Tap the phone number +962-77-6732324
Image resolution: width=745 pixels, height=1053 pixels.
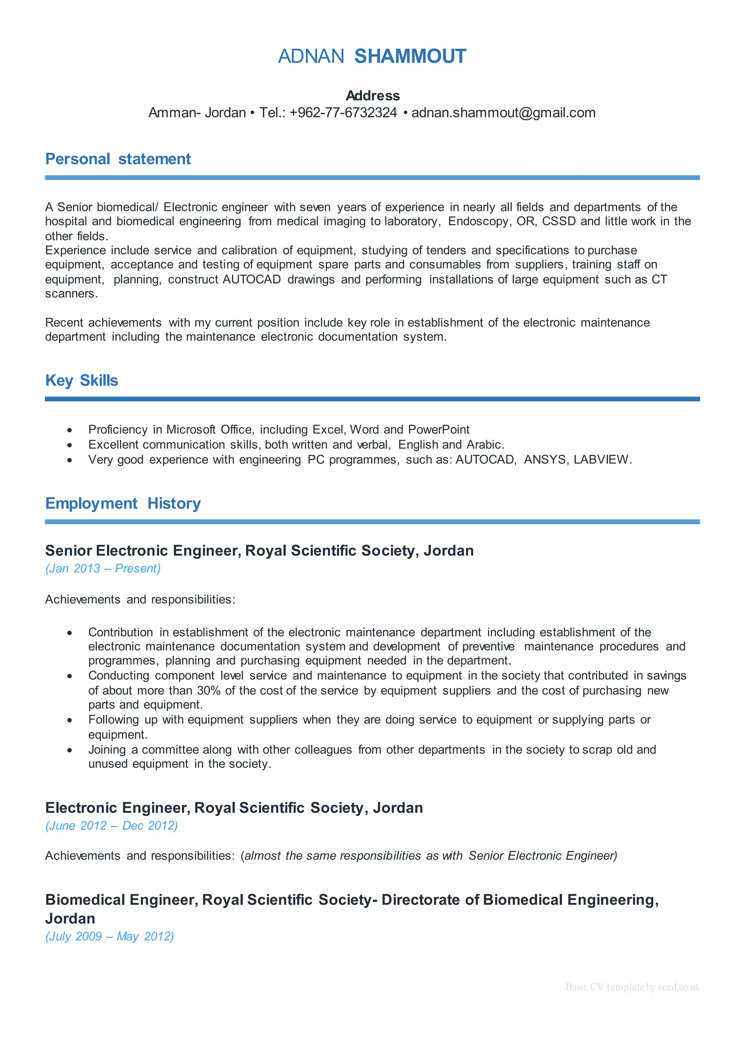[x=343, y=113]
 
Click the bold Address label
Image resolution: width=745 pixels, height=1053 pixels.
[x=372, y=96]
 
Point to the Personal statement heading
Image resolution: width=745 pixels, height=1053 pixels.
[x=118, y=159]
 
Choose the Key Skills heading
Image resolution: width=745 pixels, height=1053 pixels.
[x=81, y=381]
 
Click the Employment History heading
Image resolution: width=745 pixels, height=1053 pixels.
[x=123, y=504]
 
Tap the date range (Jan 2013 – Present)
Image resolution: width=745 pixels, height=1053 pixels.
[x=103, y=569]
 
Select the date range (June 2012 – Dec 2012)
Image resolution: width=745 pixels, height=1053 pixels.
[x=111, y=825]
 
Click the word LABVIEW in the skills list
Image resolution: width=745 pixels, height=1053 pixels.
[x=601, y=460]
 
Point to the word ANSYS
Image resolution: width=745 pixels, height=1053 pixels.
[x=545, y=460]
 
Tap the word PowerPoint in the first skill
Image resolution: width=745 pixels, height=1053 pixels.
[x=439, y=430]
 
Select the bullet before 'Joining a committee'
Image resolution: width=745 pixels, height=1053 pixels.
[x=70, y=750]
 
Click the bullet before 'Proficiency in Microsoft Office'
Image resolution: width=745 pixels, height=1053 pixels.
[x=70, y=430]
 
